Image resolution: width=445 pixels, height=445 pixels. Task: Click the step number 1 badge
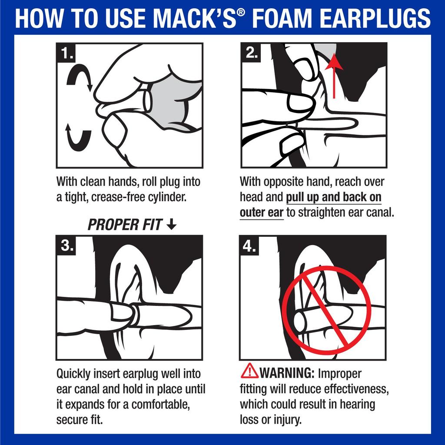click(67, 53)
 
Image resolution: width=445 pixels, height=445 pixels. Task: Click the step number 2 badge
click(251, 53)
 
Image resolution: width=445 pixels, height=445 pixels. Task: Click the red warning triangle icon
click(249, 371)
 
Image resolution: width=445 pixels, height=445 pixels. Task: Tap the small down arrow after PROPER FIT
click(172, 224)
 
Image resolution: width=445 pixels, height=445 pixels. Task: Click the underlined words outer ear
click(261, 213)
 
